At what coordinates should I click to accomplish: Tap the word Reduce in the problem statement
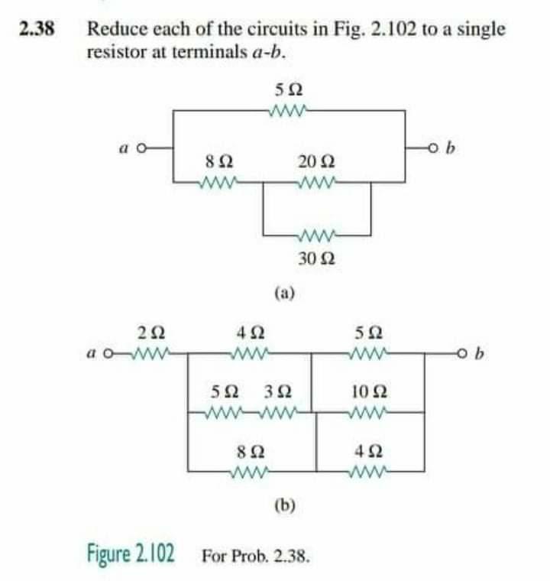pyautogui.click(x=113, y=30)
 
